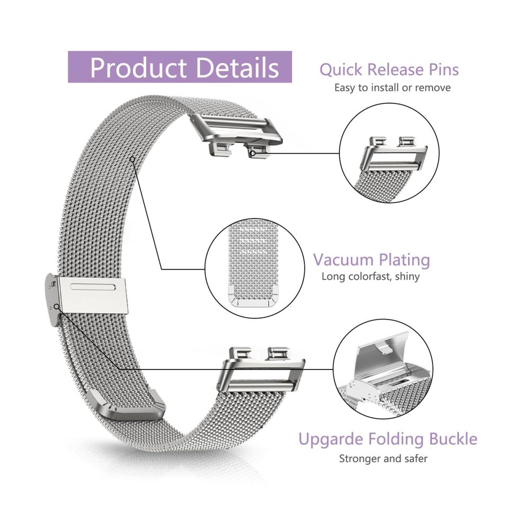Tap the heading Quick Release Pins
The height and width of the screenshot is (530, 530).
point(389,69)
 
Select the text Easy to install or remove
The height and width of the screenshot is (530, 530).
point(392,87)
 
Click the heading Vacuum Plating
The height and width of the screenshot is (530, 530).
point(371,260)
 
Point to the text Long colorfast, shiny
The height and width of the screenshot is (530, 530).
point(370,276)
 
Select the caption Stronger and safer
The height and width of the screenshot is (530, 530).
point(383,458)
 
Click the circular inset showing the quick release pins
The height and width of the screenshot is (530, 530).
point(390,154)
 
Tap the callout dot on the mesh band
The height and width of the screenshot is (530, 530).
point(132,158)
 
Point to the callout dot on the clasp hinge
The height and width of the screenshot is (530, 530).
point(56,306)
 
